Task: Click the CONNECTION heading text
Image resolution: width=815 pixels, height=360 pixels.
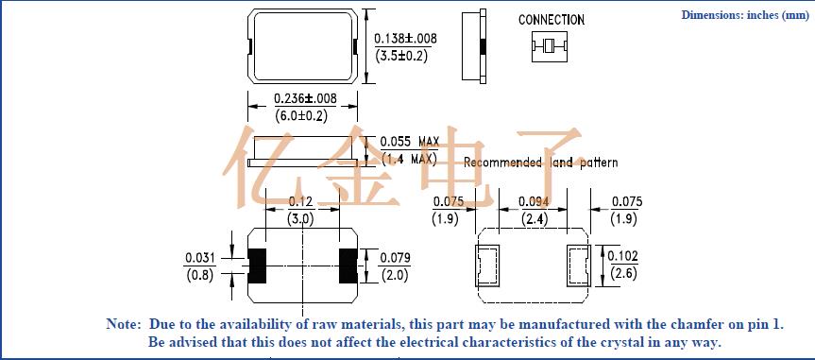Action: (551, 20)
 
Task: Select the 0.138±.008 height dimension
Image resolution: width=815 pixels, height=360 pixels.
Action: (405, 39)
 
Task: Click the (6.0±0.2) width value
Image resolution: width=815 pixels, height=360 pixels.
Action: (301, 116)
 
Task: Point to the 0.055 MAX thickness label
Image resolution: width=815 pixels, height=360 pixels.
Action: (410, 142)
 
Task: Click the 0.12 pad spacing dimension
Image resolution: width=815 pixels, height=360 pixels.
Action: (301, 202)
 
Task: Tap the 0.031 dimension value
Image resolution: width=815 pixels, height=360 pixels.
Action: (200, 258)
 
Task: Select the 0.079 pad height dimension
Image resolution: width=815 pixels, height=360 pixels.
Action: (395, 258)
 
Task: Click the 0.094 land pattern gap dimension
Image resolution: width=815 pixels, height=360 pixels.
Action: (534, 202)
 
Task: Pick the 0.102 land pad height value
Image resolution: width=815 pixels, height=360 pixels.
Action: (623, 256)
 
